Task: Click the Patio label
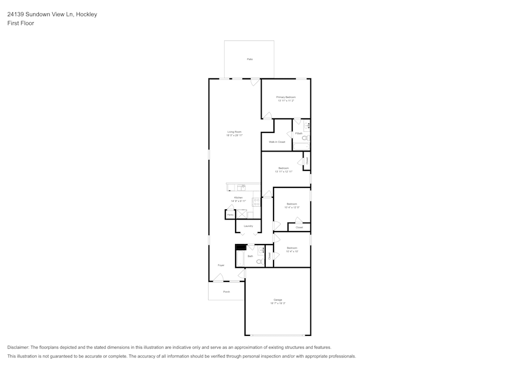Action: coord(250,60)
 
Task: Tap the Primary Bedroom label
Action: coord(285,97)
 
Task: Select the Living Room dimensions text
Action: coord(235,135)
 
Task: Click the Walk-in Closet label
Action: coord(277,142)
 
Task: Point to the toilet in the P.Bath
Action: coord(305,138)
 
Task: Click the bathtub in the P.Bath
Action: coord(301,147)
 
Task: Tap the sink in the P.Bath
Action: coord(307,125)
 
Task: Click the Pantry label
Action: coord(230,214)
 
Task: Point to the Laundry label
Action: coord(248,226)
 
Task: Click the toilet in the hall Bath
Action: coord(261,262)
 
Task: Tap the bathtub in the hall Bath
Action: coord(240,259)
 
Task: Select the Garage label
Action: coord(278,300)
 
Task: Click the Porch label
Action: coord(226,292)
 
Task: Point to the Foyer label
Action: coord(221,265)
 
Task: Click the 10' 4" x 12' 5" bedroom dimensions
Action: coord(292,207)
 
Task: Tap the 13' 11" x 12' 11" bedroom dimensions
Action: coord(283,171)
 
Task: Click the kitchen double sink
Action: coord(241,187)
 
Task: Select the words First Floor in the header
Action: coord(21,23)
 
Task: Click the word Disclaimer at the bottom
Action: coord(18,347)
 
